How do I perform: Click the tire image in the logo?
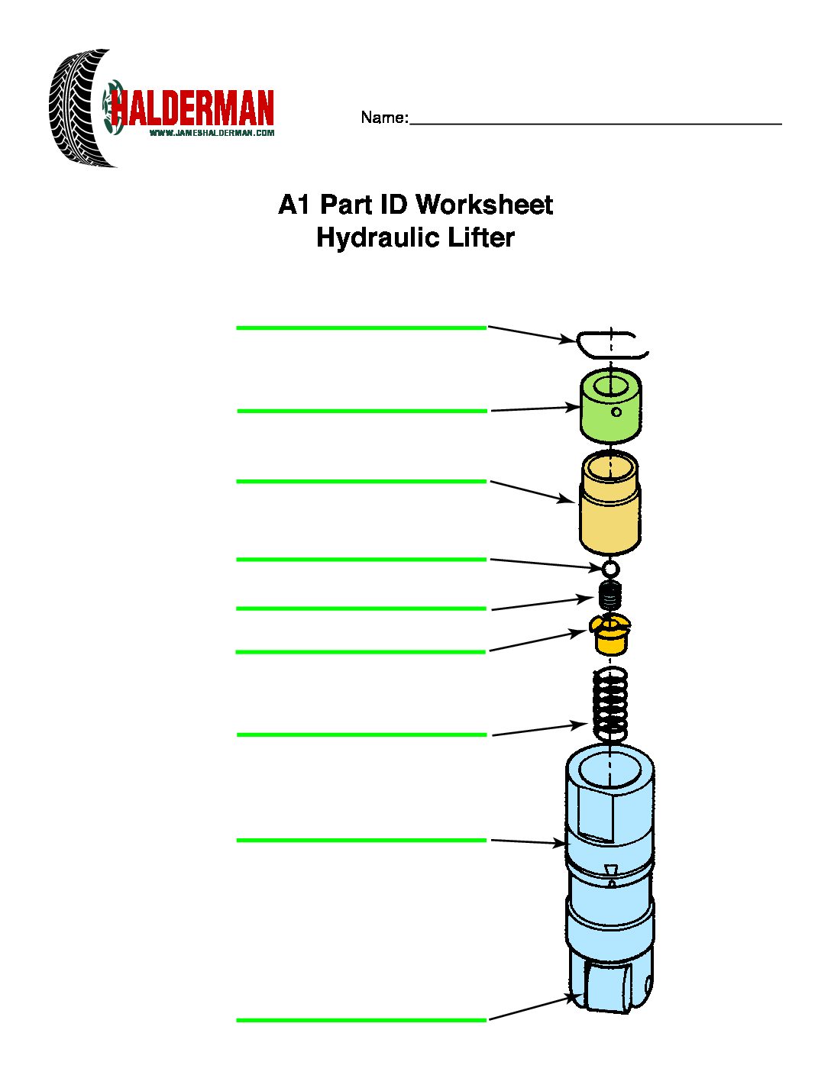coord(76,108)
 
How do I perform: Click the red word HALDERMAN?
coord(192,108)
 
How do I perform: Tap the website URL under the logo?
coord(212,133)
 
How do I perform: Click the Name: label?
coord(384,118)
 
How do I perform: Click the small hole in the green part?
coord(616,412)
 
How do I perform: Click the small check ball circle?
coord(610,569)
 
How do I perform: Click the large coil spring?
coord(610,703)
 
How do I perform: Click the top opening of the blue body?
coord(610,772)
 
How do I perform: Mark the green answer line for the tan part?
coord(361,481)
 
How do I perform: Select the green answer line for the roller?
coord(361,1020)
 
